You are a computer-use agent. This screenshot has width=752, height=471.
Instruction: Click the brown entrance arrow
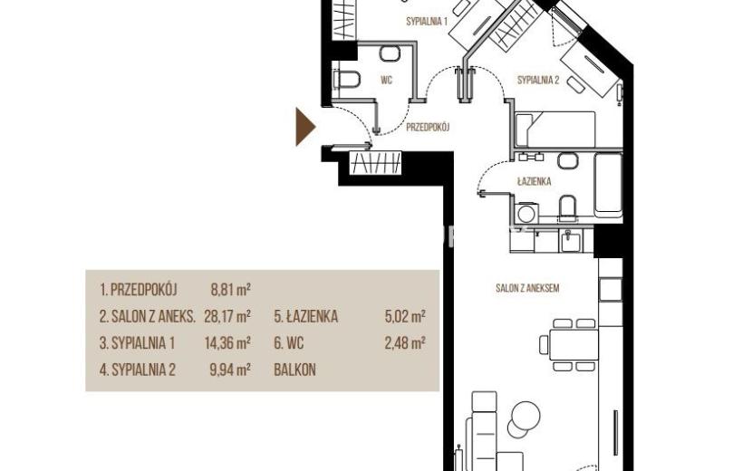(x=305, y=127)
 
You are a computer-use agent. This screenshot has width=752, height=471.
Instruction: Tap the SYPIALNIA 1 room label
(x=427, y=22)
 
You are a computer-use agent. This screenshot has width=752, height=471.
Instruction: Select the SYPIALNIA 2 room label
(x=538, y=80)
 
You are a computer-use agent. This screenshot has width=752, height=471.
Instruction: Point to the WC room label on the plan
(x=386, y=80)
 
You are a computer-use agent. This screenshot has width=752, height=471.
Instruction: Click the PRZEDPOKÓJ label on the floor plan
(x=428, y=128)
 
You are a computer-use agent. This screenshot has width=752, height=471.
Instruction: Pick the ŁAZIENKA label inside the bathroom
(x=534, y=181)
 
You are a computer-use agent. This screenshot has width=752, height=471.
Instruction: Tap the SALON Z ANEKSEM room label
(x=527, y=288)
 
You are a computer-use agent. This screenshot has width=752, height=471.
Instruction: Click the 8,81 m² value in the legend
(x=231, y=290)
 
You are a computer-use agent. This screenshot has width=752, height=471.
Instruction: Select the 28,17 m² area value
(x=227, y=316)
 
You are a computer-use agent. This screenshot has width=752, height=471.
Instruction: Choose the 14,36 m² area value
(x=227, y=343)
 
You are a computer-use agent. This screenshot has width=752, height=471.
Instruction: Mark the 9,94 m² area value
(x=231, y=370)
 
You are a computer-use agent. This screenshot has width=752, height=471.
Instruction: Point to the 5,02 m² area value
(x=405, y=316)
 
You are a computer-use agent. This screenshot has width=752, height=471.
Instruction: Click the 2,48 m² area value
(x=405, y=343)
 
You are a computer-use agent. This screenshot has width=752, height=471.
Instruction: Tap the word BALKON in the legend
(x=295, y=370)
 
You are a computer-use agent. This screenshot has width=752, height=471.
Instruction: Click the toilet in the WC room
(x=347, y=79)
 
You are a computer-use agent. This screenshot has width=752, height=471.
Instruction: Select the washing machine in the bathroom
(x=526, y=213)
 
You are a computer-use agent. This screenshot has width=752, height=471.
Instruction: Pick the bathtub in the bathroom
(x=608, y=185)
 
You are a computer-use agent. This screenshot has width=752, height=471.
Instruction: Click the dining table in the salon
(x=574, y=344)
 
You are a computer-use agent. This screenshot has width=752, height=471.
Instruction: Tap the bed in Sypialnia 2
(x=555, y=130)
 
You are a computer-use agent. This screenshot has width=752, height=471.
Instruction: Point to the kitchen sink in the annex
(x=571, y=240)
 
